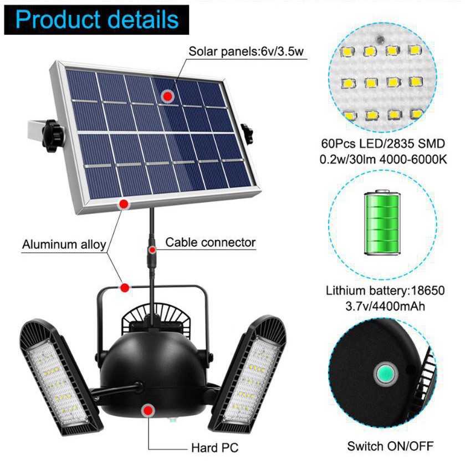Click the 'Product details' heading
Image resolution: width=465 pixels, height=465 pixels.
point(98,21)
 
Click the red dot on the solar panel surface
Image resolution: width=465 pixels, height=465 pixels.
point(167,96)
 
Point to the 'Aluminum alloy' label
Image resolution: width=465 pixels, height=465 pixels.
point(64,244)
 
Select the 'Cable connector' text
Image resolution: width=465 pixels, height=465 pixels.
point(211,242)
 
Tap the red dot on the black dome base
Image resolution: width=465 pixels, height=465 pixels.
point(147,411)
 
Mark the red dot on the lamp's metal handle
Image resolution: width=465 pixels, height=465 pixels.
point(125,287)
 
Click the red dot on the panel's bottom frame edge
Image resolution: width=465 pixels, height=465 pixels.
point(124,203)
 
